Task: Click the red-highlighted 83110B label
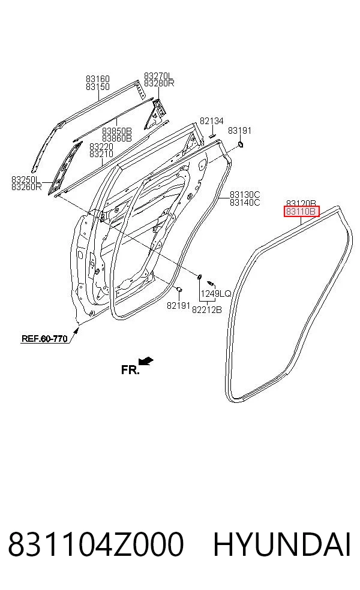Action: point(301,212)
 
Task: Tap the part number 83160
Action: point(98,79)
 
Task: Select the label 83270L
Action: point(158,76)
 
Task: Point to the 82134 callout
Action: point(212,121)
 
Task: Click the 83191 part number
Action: point(239,130)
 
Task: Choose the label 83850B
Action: point(117,131)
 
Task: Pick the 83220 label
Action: point(101,146)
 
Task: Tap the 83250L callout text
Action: point(26,179)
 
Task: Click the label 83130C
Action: point(245,194)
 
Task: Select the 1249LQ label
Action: point(216,293)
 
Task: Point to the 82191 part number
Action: point(178,305)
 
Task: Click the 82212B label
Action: point(207,309)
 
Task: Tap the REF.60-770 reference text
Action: point(44,338)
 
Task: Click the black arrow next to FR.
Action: point(146,361)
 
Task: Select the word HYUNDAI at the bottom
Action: point(282,544)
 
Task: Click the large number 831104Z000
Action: point(95,544)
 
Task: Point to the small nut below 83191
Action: point(240,145)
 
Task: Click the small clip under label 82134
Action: point(212,134)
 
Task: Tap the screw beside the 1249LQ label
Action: point(211,282)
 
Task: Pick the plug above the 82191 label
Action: point(179,289)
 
